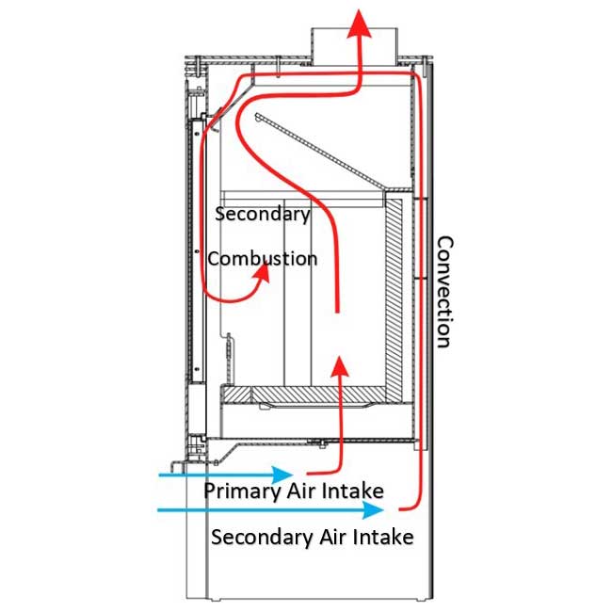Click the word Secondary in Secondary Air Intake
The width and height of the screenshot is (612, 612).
[x=256, y=538]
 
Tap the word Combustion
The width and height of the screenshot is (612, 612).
[x=263, y=257]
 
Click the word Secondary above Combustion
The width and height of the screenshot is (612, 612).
[x=263, y=215]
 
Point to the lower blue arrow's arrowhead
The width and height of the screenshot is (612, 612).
[x=376, y=509]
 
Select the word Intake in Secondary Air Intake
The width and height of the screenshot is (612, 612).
[x=379, y=538]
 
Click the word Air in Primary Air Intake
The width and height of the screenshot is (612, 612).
[x=295, y=491]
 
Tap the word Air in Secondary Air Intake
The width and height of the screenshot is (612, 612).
[x=326, y=538]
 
